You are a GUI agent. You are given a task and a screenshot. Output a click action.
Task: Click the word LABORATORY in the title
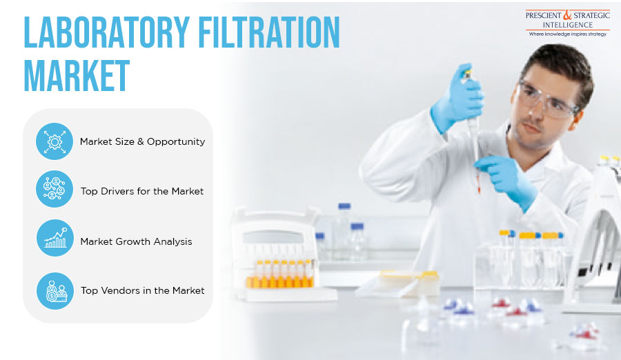coord(106,32)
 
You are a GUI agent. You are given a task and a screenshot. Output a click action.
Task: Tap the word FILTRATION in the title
coord(269,32)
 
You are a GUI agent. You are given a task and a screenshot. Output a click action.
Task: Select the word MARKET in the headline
coord(77,76)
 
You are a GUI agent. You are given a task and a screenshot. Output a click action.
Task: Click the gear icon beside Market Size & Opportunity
coord(55,141)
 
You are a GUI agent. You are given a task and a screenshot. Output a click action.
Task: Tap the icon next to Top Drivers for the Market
coord(55,189)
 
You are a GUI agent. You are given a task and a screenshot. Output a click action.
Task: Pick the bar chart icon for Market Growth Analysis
coord(55,238)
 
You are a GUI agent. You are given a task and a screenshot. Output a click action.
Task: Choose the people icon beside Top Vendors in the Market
coord(55,291)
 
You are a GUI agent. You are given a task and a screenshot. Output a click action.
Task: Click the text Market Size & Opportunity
coord(143,141)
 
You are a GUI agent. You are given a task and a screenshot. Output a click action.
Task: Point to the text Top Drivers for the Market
coord(142,191)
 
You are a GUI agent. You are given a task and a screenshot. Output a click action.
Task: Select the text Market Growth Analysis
coord(136,241)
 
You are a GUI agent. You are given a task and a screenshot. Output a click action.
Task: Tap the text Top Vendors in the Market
coord(143,290)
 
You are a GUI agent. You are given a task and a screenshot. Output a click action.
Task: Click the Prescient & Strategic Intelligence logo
coord(568,23)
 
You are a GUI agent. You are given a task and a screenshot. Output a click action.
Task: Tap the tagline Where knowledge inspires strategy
coord(568,34)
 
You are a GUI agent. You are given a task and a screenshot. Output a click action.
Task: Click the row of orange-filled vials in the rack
coord(280,274)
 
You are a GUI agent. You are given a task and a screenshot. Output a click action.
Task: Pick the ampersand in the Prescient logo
coord(568,15)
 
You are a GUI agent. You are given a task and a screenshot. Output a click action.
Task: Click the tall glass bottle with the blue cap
coord(344,231)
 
